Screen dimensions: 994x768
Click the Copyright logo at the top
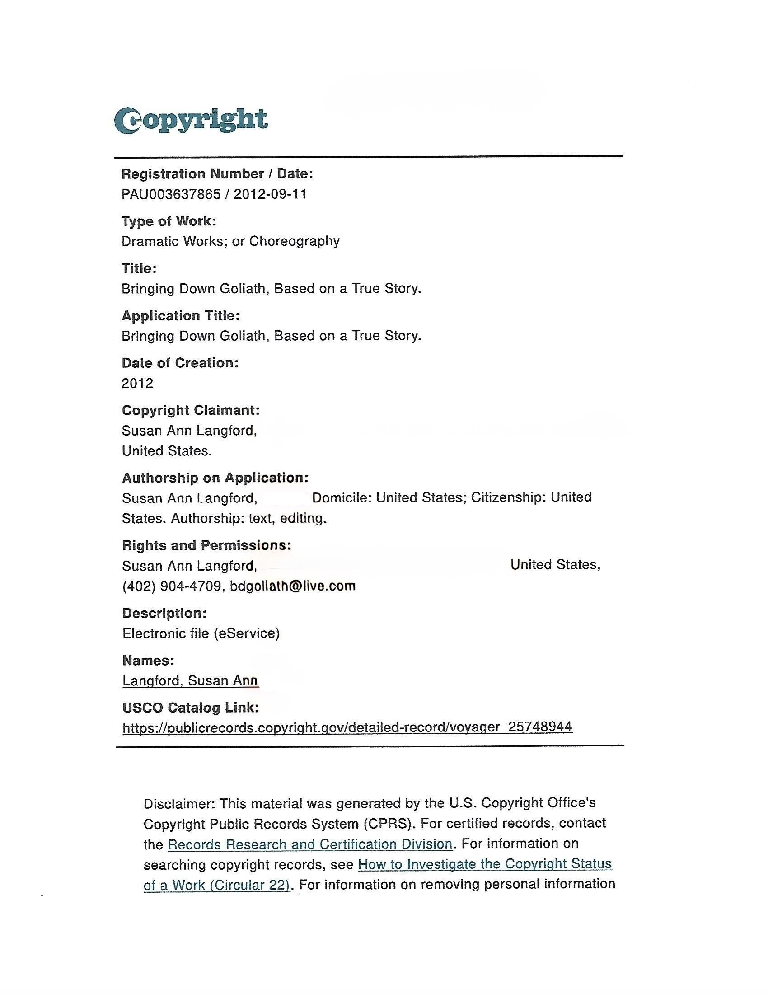coord(191,120)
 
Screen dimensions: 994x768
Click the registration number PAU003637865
coord(171,194)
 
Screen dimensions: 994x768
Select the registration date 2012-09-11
coord(270,194)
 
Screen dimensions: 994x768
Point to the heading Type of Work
coord(169,221)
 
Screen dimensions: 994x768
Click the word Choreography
coord(295,241)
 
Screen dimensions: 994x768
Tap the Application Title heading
coord(181,315)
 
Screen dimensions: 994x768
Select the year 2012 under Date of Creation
coord(137,383)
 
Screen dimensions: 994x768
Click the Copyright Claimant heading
coord(191,410)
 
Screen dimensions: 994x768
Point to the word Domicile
coord(341,497)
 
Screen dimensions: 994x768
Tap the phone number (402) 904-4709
coord(172,586)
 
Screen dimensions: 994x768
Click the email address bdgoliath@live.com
coord(293,586)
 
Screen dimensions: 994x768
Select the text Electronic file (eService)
coord(201,633)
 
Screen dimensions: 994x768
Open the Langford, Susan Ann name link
coord(190,680)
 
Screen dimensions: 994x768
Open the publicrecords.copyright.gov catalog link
coord(347,727)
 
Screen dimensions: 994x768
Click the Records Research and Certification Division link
coord(310,844)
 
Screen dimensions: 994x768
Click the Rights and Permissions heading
coord(206,545)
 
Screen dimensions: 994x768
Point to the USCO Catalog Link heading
coord(191,707)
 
